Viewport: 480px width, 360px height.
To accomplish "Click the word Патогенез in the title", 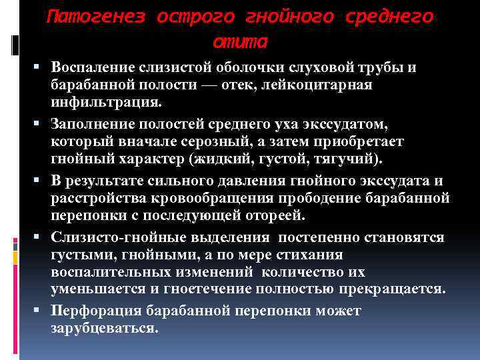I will pos(95,17).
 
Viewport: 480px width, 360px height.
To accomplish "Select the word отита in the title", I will pos(240,42).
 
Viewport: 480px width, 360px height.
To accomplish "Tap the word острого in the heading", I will pos(193,17).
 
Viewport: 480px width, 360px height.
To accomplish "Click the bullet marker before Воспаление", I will pos(42,68).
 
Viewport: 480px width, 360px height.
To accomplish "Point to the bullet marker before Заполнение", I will pos(42,125).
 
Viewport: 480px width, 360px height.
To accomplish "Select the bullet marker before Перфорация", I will pos(42,311).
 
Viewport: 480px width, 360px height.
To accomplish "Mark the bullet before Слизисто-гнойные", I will pos(42,238).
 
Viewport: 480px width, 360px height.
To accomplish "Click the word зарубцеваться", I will pos(104,329).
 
